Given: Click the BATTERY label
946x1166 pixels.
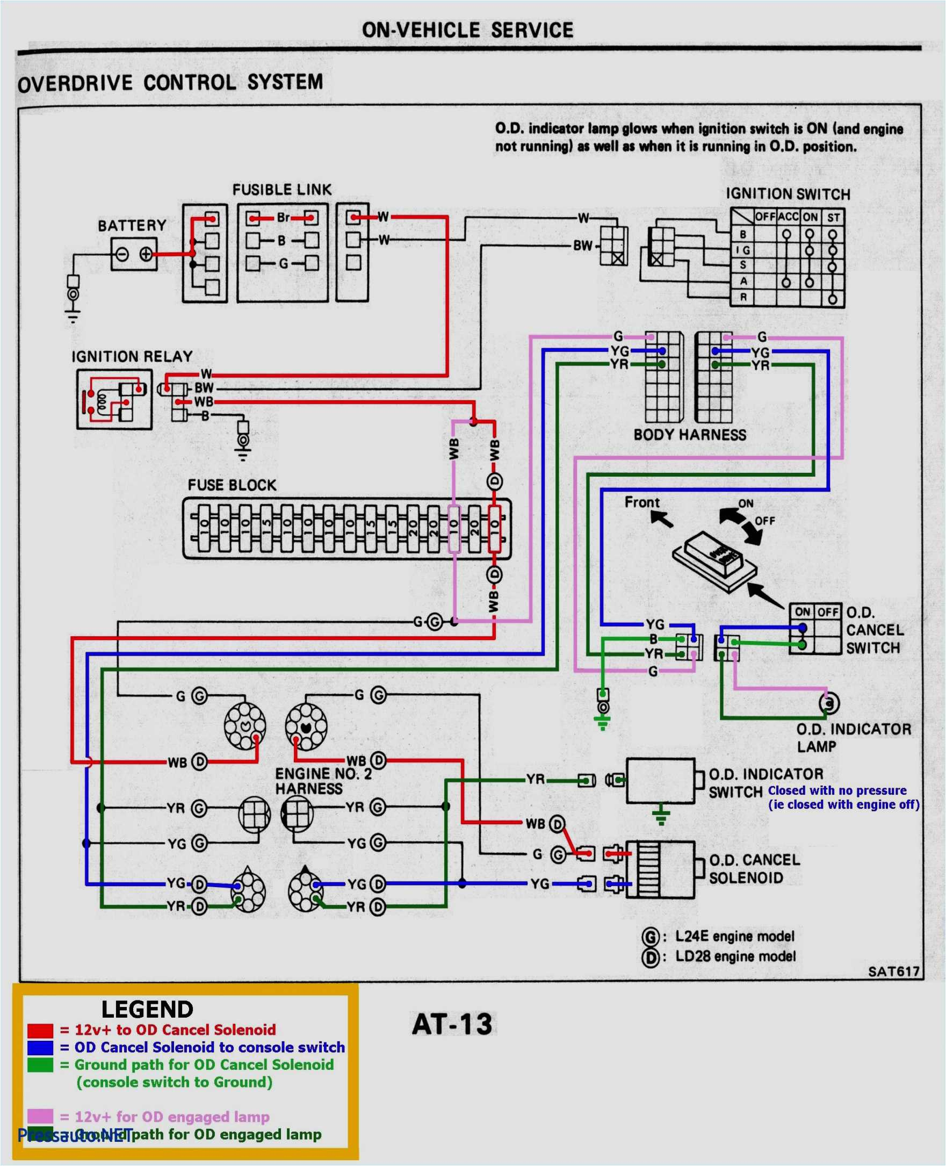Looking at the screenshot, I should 132,225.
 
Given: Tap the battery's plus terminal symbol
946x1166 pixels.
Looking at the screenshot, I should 146,254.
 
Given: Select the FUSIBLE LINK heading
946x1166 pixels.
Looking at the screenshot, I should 281,190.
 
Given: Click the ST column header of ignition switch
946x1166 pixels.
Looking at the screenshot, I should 833,218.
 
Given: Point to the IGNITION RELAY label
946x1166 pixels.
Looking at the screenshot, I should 132,356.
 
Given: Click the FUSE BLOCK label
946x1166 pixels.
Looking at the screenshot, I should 232,485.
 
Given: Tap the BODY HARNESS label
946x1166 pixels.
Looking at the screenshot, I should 690,435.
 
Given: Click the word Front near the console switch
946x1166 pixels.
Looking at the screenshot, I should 641,502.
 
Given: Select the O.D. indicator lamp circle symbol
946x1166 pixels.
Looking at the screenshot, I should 829,704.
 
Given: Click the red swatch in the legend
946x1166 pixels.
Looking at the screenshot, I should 40,1030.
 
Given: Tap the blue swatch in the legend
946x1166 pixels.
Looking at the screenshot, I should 40,1048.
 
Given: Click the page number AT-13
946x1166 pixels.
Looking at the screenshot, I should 452,1024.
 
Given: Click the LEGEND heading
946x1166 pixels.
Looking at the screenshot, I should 147,1010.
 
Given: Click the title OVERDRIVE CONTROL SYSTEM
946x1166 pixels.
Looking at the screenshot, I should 170,83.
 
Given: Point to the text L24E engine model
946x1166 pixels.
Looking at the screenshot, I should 734,937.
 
